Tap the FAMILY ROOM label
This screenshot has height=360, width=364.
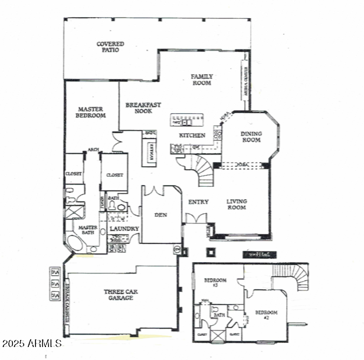[x=201, y=80]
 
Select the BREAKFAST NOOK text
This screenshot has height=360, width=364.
[x=143, y=108]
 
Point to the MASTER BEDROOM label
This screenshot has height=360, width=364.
[x=91, y=112]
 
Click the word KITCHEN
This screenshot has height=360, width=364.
[x=192, y=136]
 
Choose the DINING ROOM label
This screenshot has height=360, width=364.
[x=251, y=137]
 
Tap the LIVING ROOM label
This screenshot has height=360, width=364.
[x=237, y=204]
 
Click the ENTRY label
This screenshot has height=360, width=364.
[x=198, y=202]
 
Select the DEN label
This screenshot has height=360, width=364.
[x=160, y=215]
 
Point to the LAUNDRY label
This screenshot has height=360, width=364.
[x=124, y=229]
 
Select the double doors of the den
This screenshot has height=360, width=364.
[x=155, y=191]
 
